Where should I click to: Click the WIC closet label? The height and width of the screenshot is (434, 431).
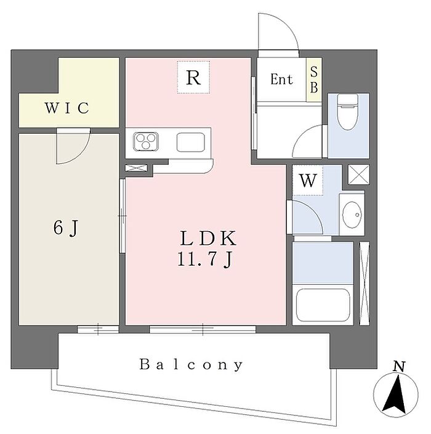(67, 108)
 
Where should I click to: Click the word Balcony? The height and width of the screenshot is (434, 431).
(191, 364)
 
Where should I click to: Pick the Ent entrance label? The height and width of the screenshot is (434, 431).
(281, 80)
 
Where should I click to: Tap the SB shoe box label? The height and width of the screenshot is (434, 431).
(313, 80)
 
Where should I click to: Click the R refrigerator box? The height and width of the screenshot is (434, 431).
(193, 78)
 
